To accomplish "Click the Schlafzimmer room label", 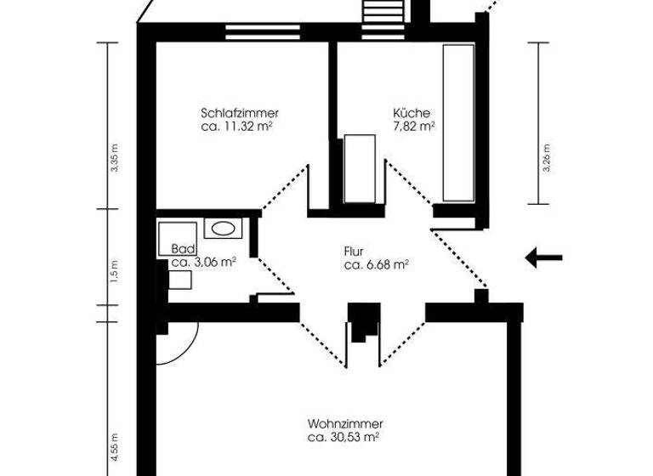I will (241, 113).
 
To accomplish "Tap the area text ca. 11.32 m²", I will (241, 126).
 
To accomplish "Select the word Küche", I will (412, 113).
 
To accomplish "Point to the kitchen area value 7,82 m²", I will (413, 126).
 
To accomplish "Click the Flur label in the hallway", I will (354, 252).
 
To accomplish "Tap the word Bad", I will (183, 249).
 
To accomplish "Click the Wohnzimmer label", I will (345, 423).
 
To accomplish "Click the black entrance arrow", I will (543, 258).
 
